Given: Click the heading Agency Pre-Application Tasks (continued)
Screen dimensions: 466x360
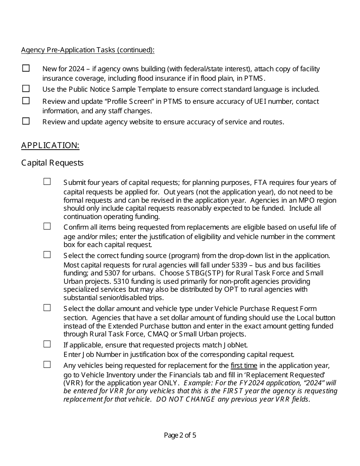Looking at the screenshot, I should pos(88,50).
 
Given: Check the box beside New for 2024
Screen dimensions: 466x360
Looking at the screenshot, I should pos(26,68).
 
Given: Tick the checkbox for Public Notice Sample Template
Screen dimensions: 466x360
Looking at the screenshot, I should pos(26,89).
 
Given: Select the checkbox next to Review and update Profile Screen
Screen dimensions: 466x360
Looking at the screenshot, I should pos(26,101).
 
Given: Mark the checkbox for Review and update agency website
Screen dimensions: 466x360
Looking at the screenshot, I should pos(26,121).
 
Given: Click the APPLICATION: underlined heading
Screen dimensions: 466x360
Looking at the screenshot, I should pos(50,145).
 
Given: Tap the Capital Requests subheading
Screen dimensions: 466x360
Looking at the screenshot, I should pos(52,163).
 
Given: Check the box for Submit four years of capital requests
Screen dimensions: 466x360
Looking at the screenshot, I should pos(47,182).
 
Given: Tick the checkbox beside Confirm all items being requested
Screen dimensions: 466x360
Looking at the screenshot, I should pos(47,226).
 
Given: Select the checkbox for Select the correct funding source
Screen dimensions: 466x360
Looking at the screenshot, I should pos(47,255).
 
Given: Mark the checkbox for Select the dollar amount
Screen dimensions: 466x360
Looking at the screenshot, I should pos(47,308).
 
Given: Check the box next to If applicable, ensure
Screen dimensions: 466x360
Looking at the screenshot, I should pos(47,344).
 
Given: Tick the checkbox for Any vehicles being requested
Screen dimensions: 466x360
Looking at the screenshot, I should pos(47,364).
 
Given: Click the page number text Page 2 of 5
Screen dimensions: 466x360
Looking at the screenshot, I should pos(180,435).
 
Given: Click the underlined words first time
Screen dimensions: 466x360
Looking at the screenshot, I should pos(244,366).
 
